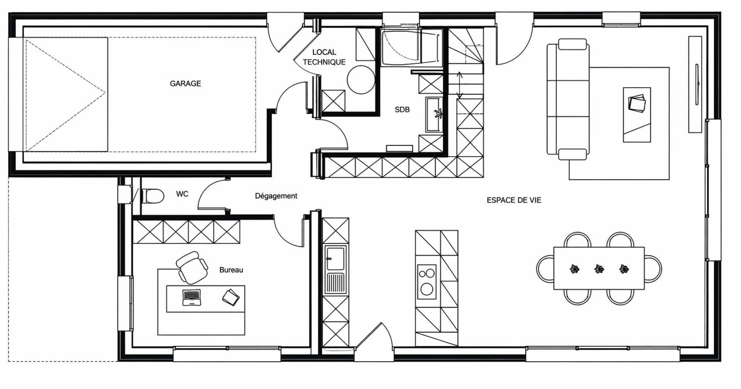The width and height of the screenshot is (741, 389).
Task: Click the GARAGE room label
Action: coord(185,83)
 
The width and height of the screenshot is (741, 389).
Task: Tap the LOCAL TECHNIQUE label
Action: coord(324,57)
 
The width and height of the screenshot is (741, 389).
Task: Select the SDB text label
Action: coord(402,110)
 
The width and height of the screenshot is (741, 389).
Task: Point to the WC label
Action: coord(182,194)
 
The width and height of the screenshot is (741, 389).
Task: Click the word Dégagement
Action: coord(276,196)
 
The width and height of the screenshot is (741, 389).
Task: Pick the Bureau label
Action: coord(231,270)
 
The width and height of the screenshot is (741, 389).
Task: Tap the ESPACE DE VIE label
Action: coord(514,200)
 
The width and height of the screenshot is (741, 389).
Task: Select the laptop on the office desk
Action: coord(192,297)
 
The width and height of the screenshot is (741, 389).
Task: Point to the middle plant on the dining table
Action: coord(599,269)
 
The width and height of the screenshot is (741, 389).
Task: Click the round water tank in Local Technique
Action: coord(361,80)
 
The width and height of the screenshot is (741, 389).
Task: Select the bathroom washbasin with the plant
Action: coord(434,115)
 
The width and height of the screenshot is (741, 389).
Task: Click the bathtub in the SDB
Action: coord(411,47)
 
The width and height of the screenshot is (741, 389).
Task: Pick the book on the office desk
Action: coord(231,297)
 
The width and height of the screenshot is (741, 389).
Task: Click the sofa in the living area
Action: coord(568,99)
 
